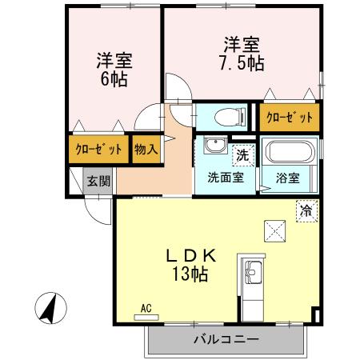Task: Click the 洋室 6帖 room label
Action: [x=114, y=70]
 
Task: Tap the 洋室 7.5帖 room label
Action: [x=241, y=53]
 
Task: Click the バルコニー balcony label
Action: [x=226, y=339]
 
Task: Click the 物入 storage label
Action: [x=145, y=150]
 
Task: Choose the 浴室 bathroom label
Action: [x=288, y=178]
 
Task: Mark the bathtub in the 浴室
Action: [x=290, y=152]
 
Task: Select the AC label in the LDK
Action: [x=146, y=307]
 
